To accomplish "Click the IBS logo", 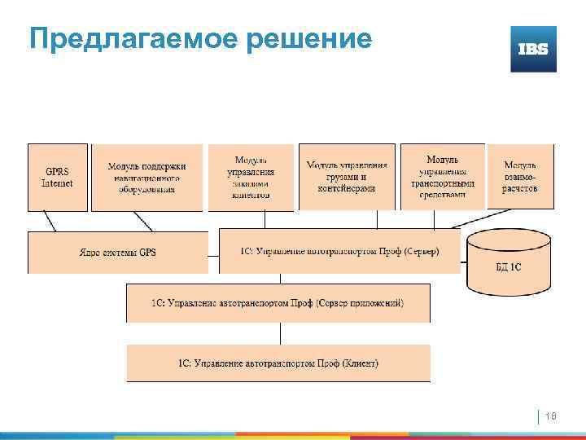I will point(533,49).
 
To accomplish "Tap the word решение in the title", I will point(313,38).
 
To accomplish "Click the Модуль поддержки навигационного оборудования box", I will point(146,177).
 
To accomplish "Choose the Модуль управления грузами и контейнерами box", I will point(347,177).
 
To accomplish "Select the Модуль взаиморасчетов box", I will point(520,177).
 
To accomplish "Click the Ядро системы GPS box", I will point(118,252).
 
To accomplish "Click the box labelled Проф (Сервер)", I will point(339,251).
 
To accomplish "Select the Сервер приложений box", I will point(278,302).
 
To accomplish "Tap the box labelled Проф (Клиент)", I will point(278,363).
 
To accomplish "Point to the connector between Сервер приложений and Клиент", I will point(280,333).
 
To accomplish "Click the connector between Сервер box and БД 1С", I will point(464,263).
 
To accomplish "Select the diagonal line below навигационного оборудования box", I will point(142,221).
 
